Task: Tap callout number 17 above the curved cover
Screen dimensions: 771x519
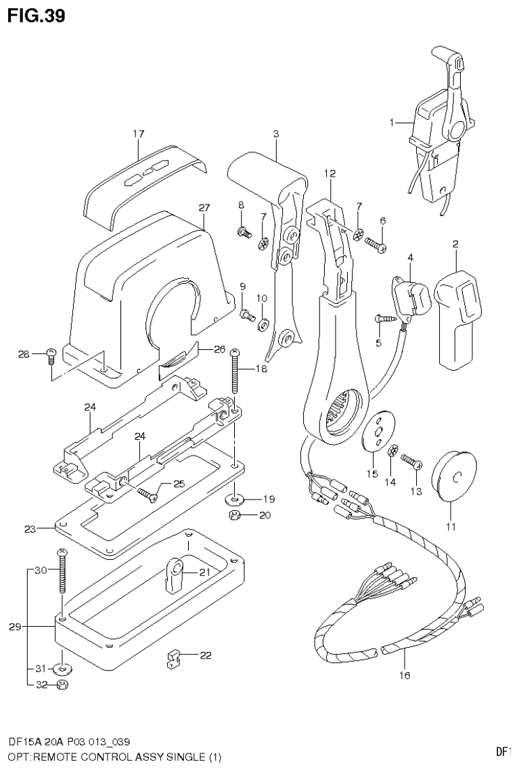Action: (x=138, y=134)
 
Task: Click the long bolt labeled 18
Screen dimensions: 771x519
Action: (x=235, y=372)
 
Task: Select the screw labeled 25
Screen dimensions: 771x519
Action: (x=146, y=494)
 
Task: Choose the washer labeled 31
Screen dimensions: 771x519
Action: (x=63, y=669)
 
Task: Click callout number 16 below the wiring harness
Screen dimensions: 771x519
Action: (x=405, y=674)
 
